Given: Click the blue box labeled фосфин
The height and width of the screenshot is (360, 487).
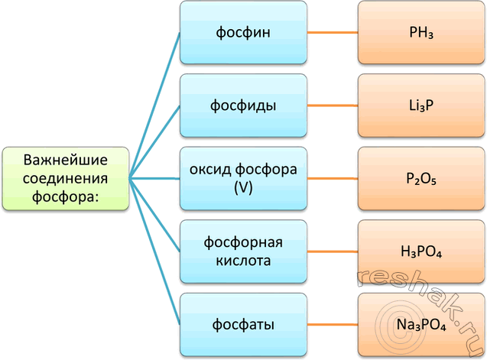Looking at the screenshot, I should [243, 34].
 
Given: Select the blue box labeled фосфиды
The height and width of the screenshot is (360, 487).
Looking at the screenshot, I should [243, 106].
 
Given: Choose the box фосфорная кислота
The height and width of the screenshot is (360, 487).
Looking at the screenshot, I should [243, 251].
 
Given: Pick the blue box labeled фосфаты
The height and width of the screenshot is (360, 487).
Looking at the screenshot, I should [243, 326].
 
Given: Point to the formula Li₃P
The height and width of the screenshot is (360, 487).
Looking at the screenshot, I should [421, 106].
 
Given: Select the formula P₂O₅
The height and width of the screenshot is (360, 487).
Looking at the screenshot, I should [421, 179].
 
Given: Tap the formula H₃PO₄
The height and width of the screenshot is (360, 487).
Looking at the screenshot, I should [421, 252].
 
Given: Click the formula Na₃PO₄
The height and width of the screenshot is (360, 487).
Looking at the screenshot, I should [421, 326].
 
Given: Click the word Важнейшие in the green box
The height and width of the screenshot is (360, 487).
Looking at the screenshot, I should [65, 161].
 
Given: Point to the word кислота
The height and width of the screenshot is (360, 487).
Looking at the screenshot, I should [243, 260].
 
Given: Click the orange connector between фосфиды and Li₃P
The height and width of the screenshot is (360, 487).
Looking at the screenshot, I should [333, 106].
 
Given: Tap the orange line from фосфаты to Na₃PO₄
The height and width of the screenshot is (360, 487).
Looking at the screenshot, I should [333, 326].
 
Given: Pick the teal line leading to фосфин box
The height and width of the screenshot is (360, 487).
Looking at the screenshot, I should [154, 107].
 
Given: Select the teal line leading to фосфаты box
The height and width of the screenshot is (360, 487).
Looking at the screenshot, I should [154, 252].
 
